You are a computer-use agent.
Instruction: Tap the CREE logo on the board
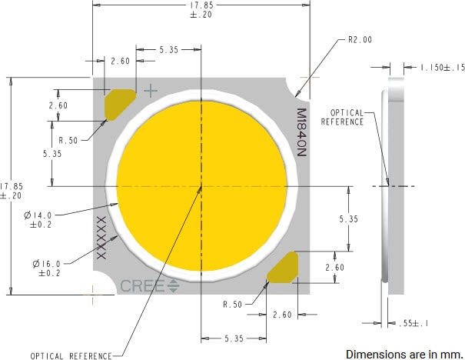(x=149, y=286)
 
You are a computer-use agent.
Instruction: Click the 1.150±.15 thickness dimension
(x=442, y=68)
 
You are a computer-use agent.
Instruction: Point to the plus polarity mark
(x=151, y=91)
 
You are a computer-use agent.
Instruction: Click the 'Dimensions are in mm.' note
(x=404, y=354)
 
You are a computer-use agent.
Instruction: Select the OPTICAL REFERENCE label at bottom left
(x=70, y=355)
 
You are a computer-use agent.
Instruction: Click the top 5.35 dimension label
(x=168, y=50)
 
